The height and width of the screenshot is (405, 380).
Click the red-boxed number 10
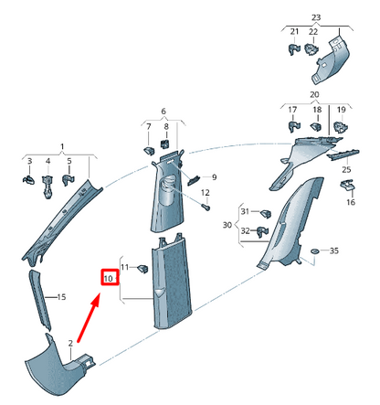tap(109, 277)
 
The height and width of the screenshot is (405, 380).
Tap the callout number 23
tap(316, 17)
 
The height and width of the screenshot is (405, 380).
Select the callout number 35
tap(334, 250)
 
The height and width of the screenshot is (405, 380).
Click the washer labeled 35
tap(314, 250)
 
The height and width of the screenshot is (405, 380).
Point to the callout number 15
tap(62, 297)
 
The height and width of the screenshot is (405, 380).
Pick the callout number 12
tap(205, 193)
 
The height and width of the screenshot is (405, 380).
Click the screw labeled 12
tap(194, 207)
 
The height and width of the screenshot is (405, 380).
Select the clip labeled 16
tap(348, 187)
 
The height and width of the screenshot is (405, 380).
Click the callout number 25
tap(346, 170)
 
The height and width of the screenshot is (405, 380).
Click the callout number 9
tap(214, 176)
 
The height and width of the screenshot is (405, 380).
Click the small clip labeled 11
tap(143, 269)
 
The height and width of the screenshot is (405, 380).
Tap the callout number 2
tap(69, 342)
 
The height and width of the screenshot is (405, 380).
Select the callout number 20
tap(315, 94)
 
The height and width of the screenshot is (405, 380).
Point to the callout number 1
tap(62, 146)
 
